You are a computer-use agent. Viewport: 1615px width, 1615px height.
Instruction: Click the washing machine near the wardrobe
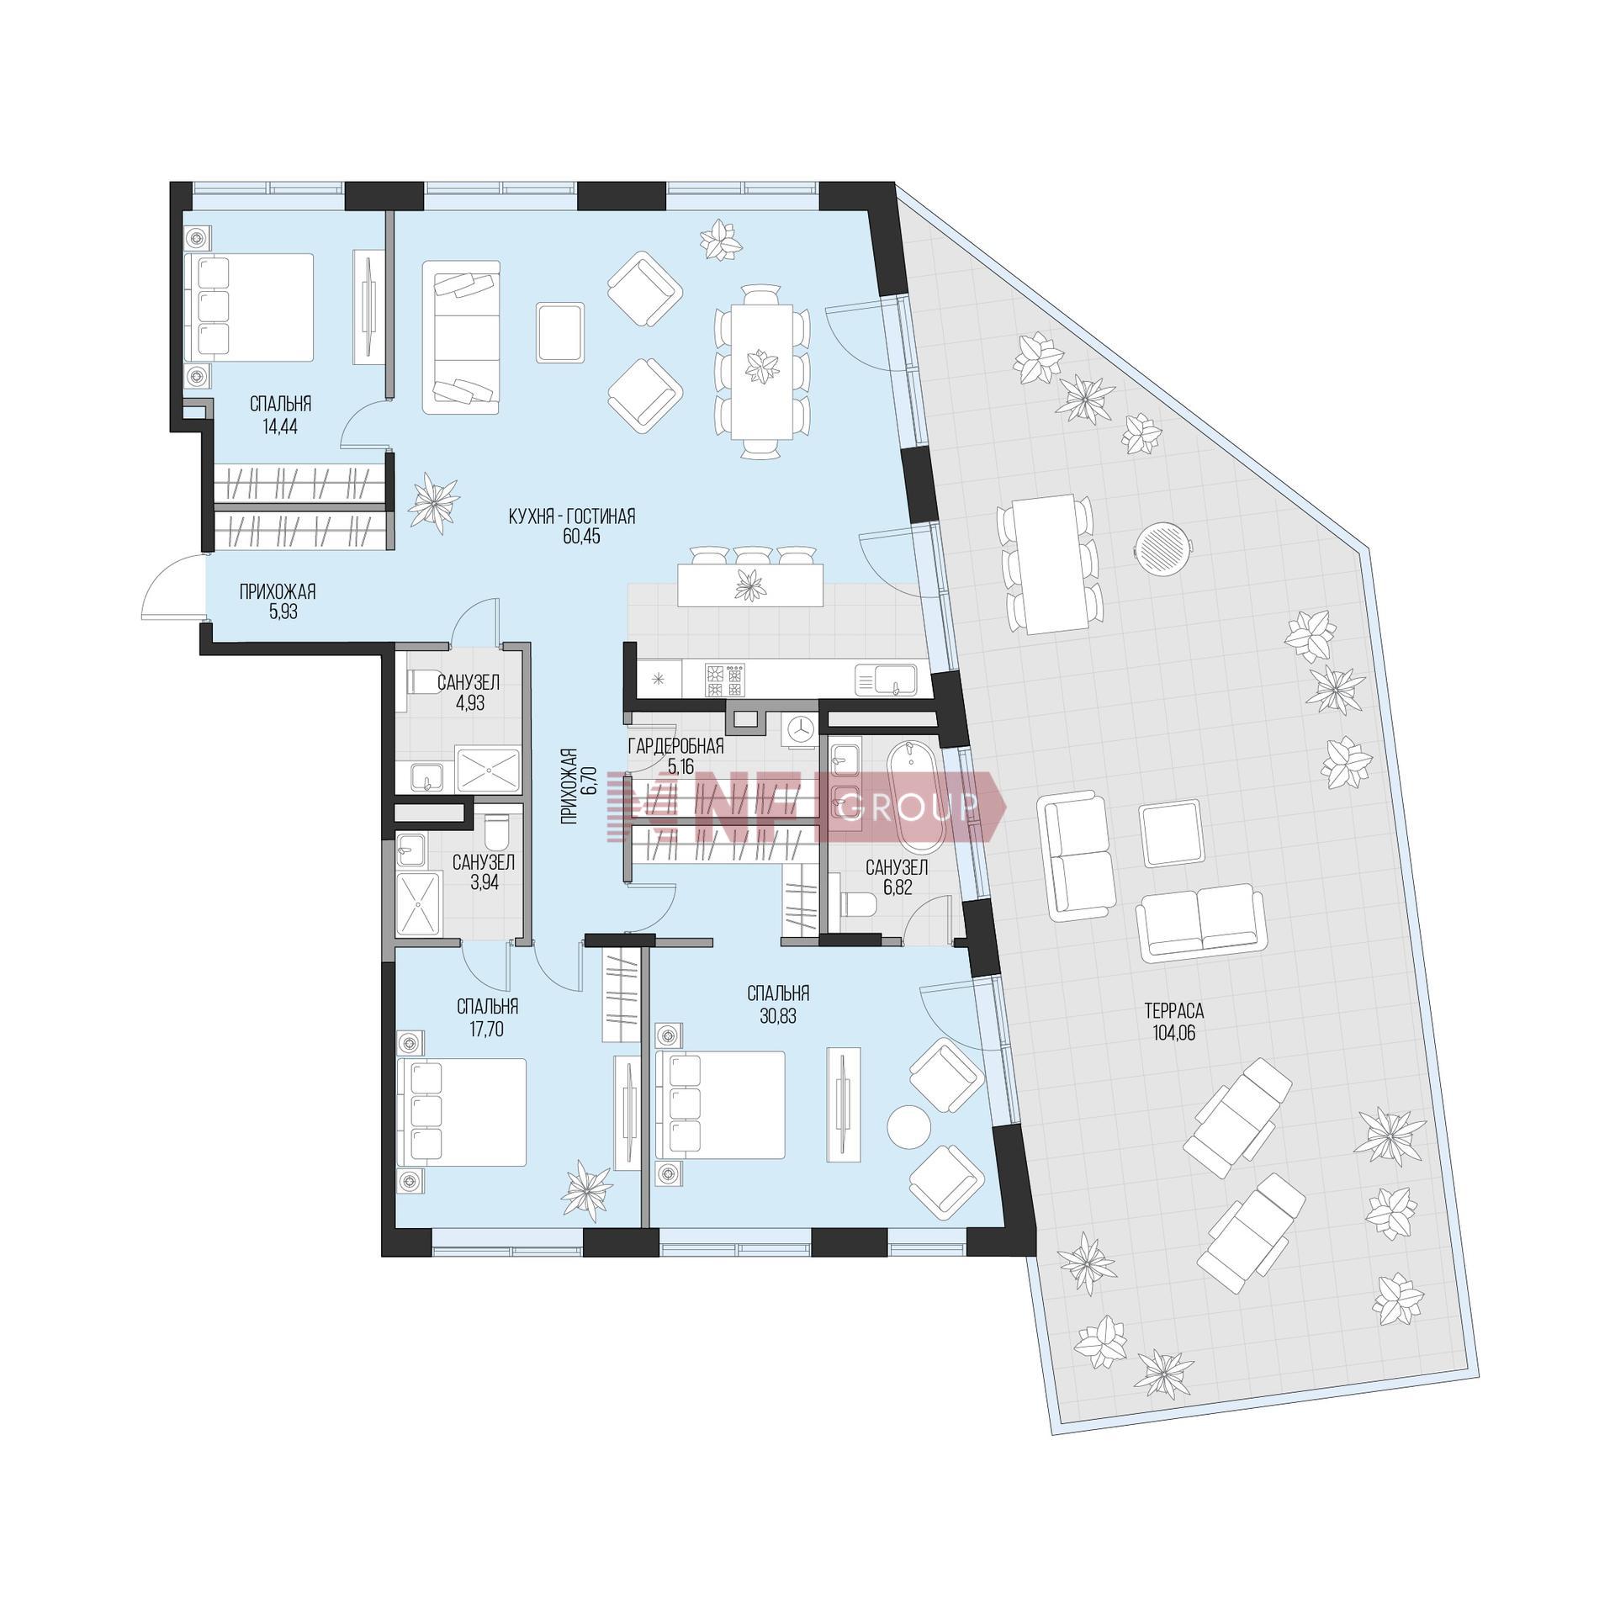(800, 729)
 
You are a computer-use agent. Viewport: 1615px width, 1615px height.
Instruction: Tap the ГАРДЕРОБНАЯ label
(675, 746)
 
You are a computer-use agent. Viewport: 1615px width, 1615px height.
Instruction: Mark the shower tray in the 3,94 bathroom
(419, 904)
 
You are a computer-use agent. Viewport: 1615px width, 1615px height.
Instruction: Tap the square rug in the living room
(559, 333)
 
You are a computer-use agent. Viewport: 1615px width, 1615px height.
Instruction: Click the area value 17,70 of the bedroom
(487, 1029)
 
